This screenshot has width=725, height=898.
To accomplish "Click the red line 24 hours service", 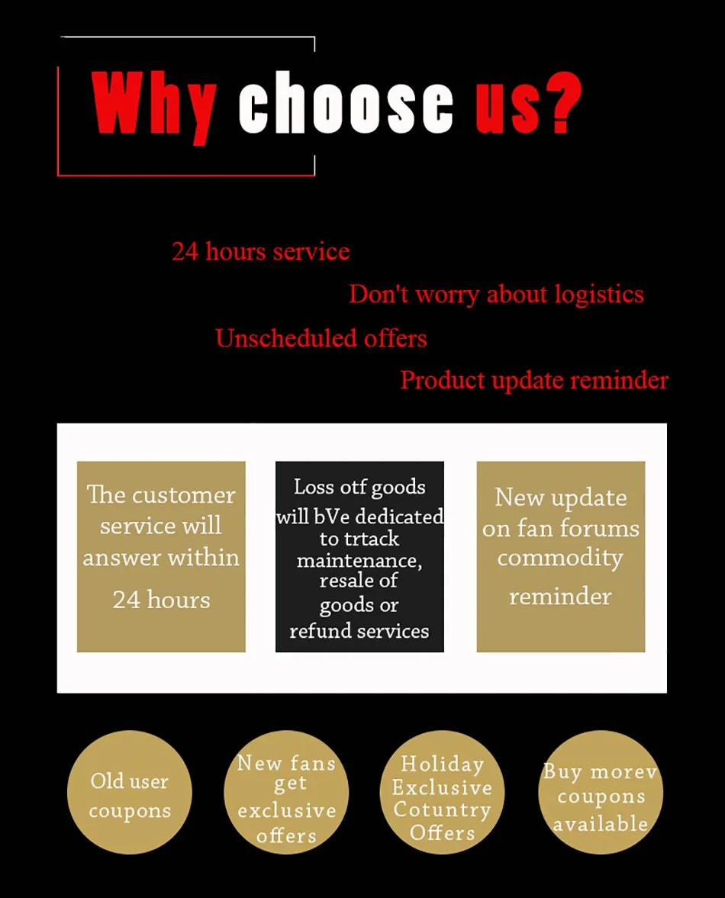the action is [x=260, y=251].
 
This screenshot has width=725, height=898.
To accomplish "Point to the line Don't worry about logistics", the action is [x=496, y=295].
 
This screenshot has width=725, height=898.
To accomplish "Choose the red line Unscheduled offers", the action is [x=321, y=338].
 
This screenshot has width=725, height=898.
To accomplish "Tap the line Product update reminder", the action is [x=534, y=380].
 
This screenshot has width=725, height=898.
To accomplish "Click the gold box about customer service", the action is [x=161, y=556].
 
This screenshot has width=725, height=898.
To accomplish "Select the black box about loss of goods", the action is [x=359, y=556].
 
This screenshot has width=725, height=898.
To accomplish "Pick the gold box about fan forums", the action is [x=560, y=556].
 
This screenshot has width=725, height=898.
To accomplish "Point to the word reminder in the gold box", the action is [x=560, y=596].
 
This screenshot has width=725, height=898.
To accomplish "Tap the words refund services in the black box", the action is [x=359, y=631].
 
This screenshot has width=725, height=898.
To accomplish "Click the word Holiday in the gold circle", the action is [x=443, y=764].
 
